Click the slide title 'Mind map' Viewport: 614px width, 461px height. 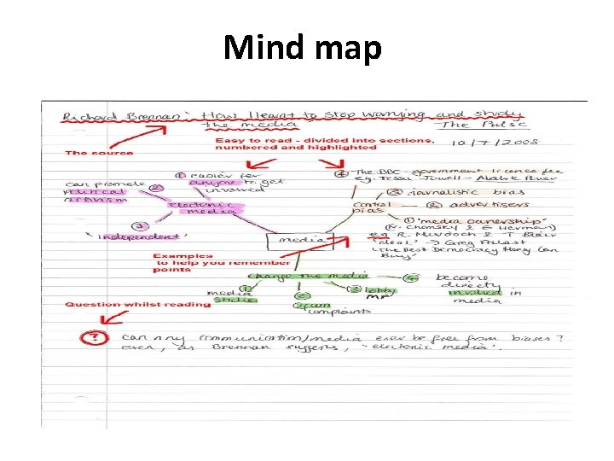tap(302, 48)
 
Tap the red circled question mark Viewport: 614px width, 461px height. tap(90, 337)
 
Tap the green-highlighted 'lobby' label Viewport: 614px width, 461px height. tap(380, 290)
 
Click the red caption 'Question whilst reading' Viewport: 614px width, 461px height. tap(137, 304)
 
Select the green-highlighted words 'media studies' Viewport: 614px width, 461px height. tap(228, 295)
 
